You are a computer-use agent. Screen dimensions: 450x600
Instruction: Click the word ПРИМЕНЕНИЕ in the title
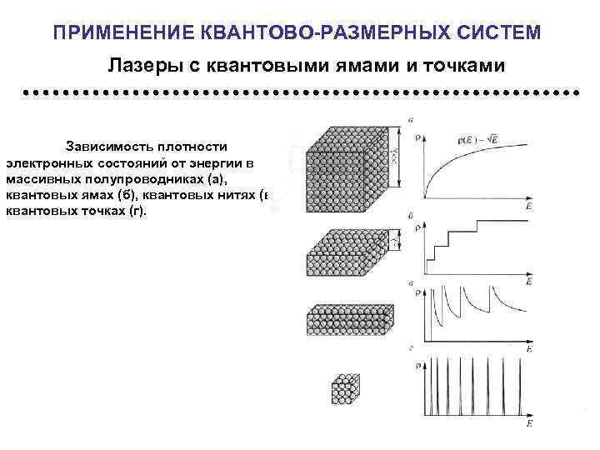[123, 32]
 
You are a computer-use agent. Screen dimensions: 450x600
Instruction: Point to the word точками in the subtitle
[462, 64]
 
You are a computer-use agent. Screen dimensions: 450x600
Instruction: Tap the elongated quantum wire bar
[349, 320]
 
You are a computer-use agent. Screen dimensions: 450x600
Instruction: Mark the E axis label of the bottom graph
[528, 424]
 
